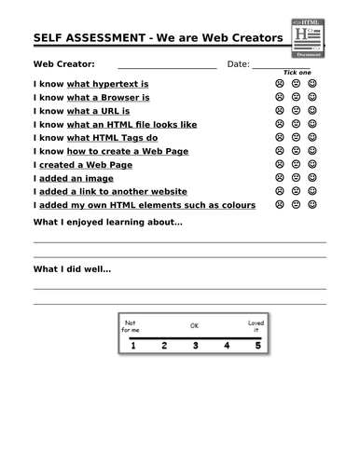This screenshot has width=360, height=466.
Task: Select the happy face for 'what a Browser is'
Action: coord(312,96)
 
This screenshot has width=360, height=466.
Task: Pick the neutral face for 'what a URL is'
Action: coord(296,110)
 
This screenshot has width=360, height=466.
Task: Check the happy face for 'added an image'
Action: coord(312,177)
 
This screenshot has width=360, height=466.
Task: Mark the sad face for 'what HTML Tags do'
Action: coord(279,137)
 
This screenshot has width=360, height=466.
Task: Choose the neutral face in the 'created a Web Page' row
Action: coord(296,164)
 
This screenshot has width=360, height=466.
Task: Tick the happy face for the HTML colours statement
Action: coord(312,204)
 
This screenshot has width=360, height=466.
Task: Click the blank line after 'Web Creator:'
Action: coord(166,67)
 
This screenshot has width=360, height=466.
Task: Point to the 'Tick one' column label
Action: coord(297,73)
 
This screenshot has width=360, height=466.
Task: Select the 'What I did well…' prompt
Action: coord(72,269)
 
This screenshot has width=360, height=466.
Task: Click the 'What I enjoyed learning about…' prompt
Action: coord(107,223)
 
